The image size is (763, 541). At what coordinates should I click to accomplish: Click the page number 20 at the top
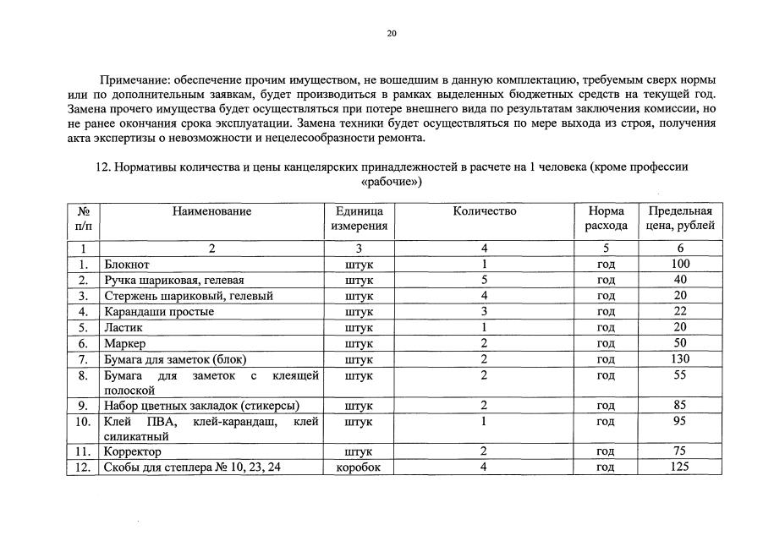coord(391,34)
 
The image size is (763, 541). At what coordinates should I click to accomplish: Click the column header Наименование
coord(211,210)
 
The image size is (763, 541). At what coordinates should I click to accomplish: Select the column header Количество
coord(484,210)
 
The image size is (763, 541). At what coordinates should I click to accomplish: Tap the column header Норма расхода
coord(606,218)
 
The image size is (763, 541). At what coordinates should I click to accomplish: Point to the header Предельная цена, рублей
coord(680,218)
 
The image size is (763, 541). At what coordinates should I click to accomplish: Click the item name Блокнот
coord(127,265)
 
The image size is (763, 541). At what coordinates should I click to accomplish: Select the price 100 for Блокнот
coord(680,265)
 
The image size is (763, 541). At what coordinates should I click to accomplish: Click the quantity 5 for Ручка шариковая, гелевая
coord(484,280)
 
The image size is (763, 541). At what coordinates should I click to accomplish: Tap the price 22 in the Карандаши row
coord(680,312)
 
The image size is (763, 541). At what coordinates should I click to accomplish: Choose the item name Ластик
coord(124,328)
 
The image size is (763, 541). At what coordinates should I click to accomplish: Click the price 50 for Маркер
coord(680,343)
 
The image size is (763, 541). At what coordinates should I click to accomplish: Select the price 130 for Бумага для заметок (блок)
coord(680,359)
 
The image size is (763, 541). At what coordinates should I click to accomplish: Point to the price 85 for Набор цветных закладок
coord(680,405)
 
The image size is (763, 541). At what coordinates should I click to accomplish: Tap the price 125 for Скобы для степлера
coord(680,467)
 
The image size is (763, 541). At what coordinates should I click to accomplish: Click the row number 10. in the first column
coord(83,421)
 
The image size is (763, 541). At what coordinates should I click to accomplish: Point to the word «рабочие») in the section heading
coord(391,182)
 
